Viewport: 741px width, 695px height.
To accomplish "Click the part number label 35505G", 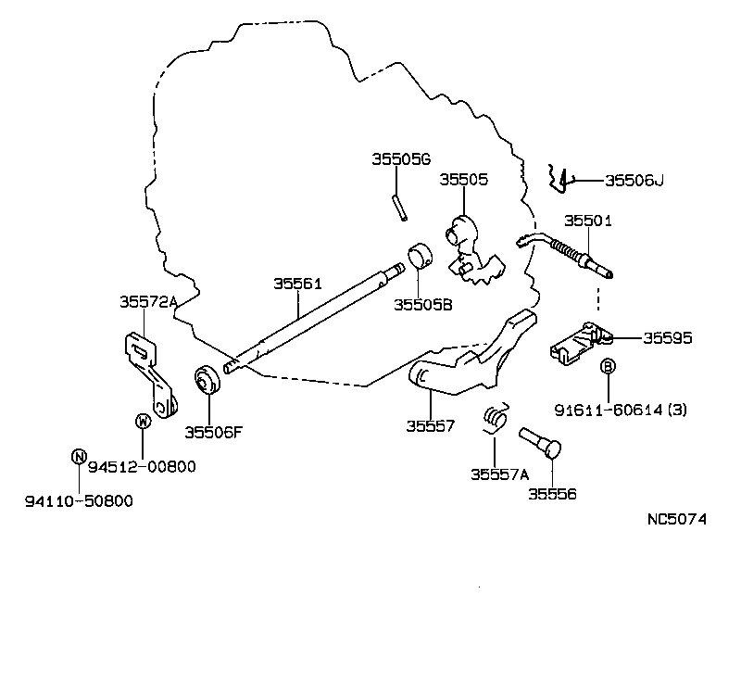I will pyautogui.click(x=402, y=159).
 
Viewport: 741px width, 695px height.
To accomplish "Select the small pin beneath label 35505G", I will pyautogui.click(x=398, y=207).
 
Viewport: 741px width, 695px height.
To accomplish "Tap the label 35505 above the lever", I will pyautogui.click(x=463, y=179).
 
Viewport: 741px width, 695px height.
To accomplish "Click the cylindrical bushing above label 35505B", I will pyautogui.click(x=422, y=254).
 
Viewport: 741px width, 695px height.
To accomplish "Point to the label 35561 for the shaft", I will pyautogui.click(x=297, y=284).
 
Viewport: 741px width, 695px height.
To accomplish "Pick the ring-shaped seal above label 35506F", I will pyautogui.click(x=205, y=383).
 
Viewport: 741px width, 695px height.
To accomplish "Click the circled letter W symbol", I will pyautogui.click(x=143, y=422).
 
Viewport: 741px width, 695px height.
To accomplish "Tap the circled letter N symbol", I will pyautogui.click(x=79, y=456).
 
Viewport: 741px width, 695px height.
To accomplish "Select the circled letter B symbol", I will pyautogui.click(x=609, y=367).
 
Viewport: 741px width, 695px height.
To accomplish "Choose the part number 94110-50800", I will pyautogui.click(x=79, y=501).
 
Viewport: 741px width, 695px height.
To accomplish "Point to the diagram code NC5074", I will pyautogui.click(x=676, y=519).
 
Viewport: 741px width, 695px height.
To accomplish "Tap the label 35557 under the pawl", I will pyautogui.click(x=430, y=426).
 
